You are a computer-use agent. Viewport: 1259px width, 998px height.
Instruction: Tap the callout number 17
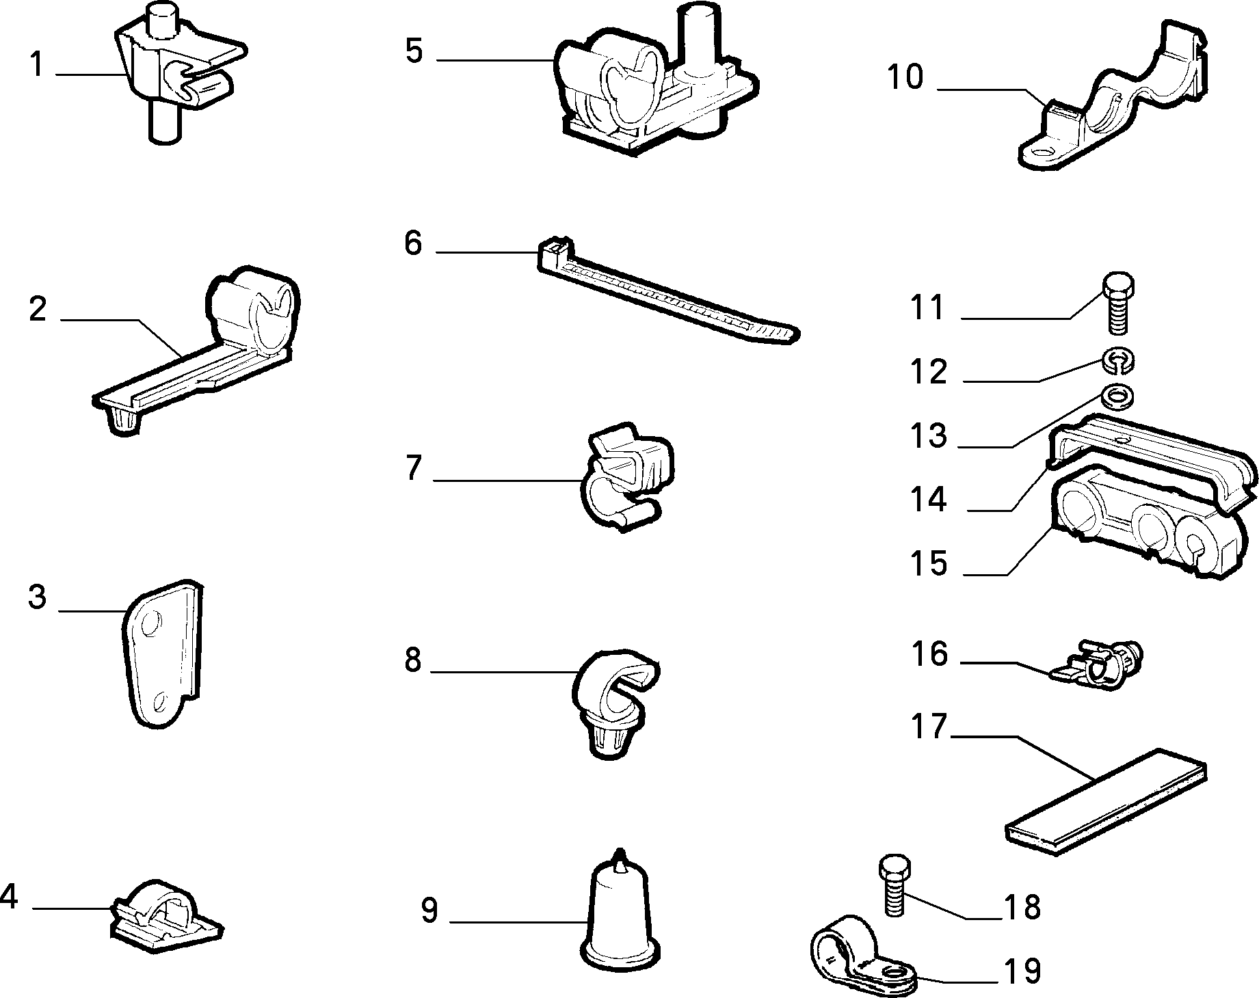point(929,727)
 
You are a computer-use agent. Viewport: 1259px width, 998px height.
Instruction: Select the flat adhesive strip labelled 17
point(1106,800)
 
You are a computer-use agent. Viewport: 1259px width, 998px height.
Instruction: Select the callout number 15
point(928,563)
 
